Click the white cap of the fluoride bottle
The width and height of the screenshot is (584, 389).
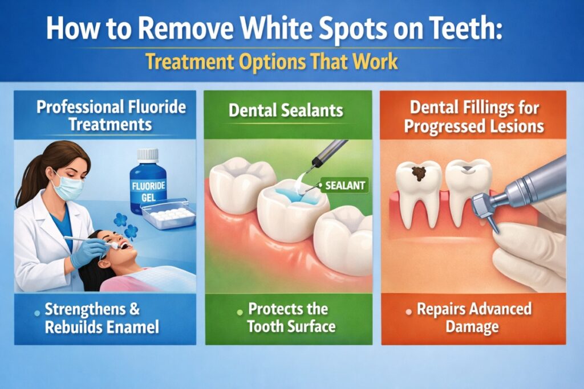click(x=148, y=154)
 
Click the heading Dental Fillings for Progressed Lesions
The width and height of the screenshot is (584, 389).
click(x=474, y=117)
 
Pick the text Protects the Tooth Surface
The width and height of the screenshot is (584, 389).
click(x=291, y=318)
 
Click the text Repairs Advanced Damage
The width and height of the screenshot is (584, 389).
click(x=474, y=318)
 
